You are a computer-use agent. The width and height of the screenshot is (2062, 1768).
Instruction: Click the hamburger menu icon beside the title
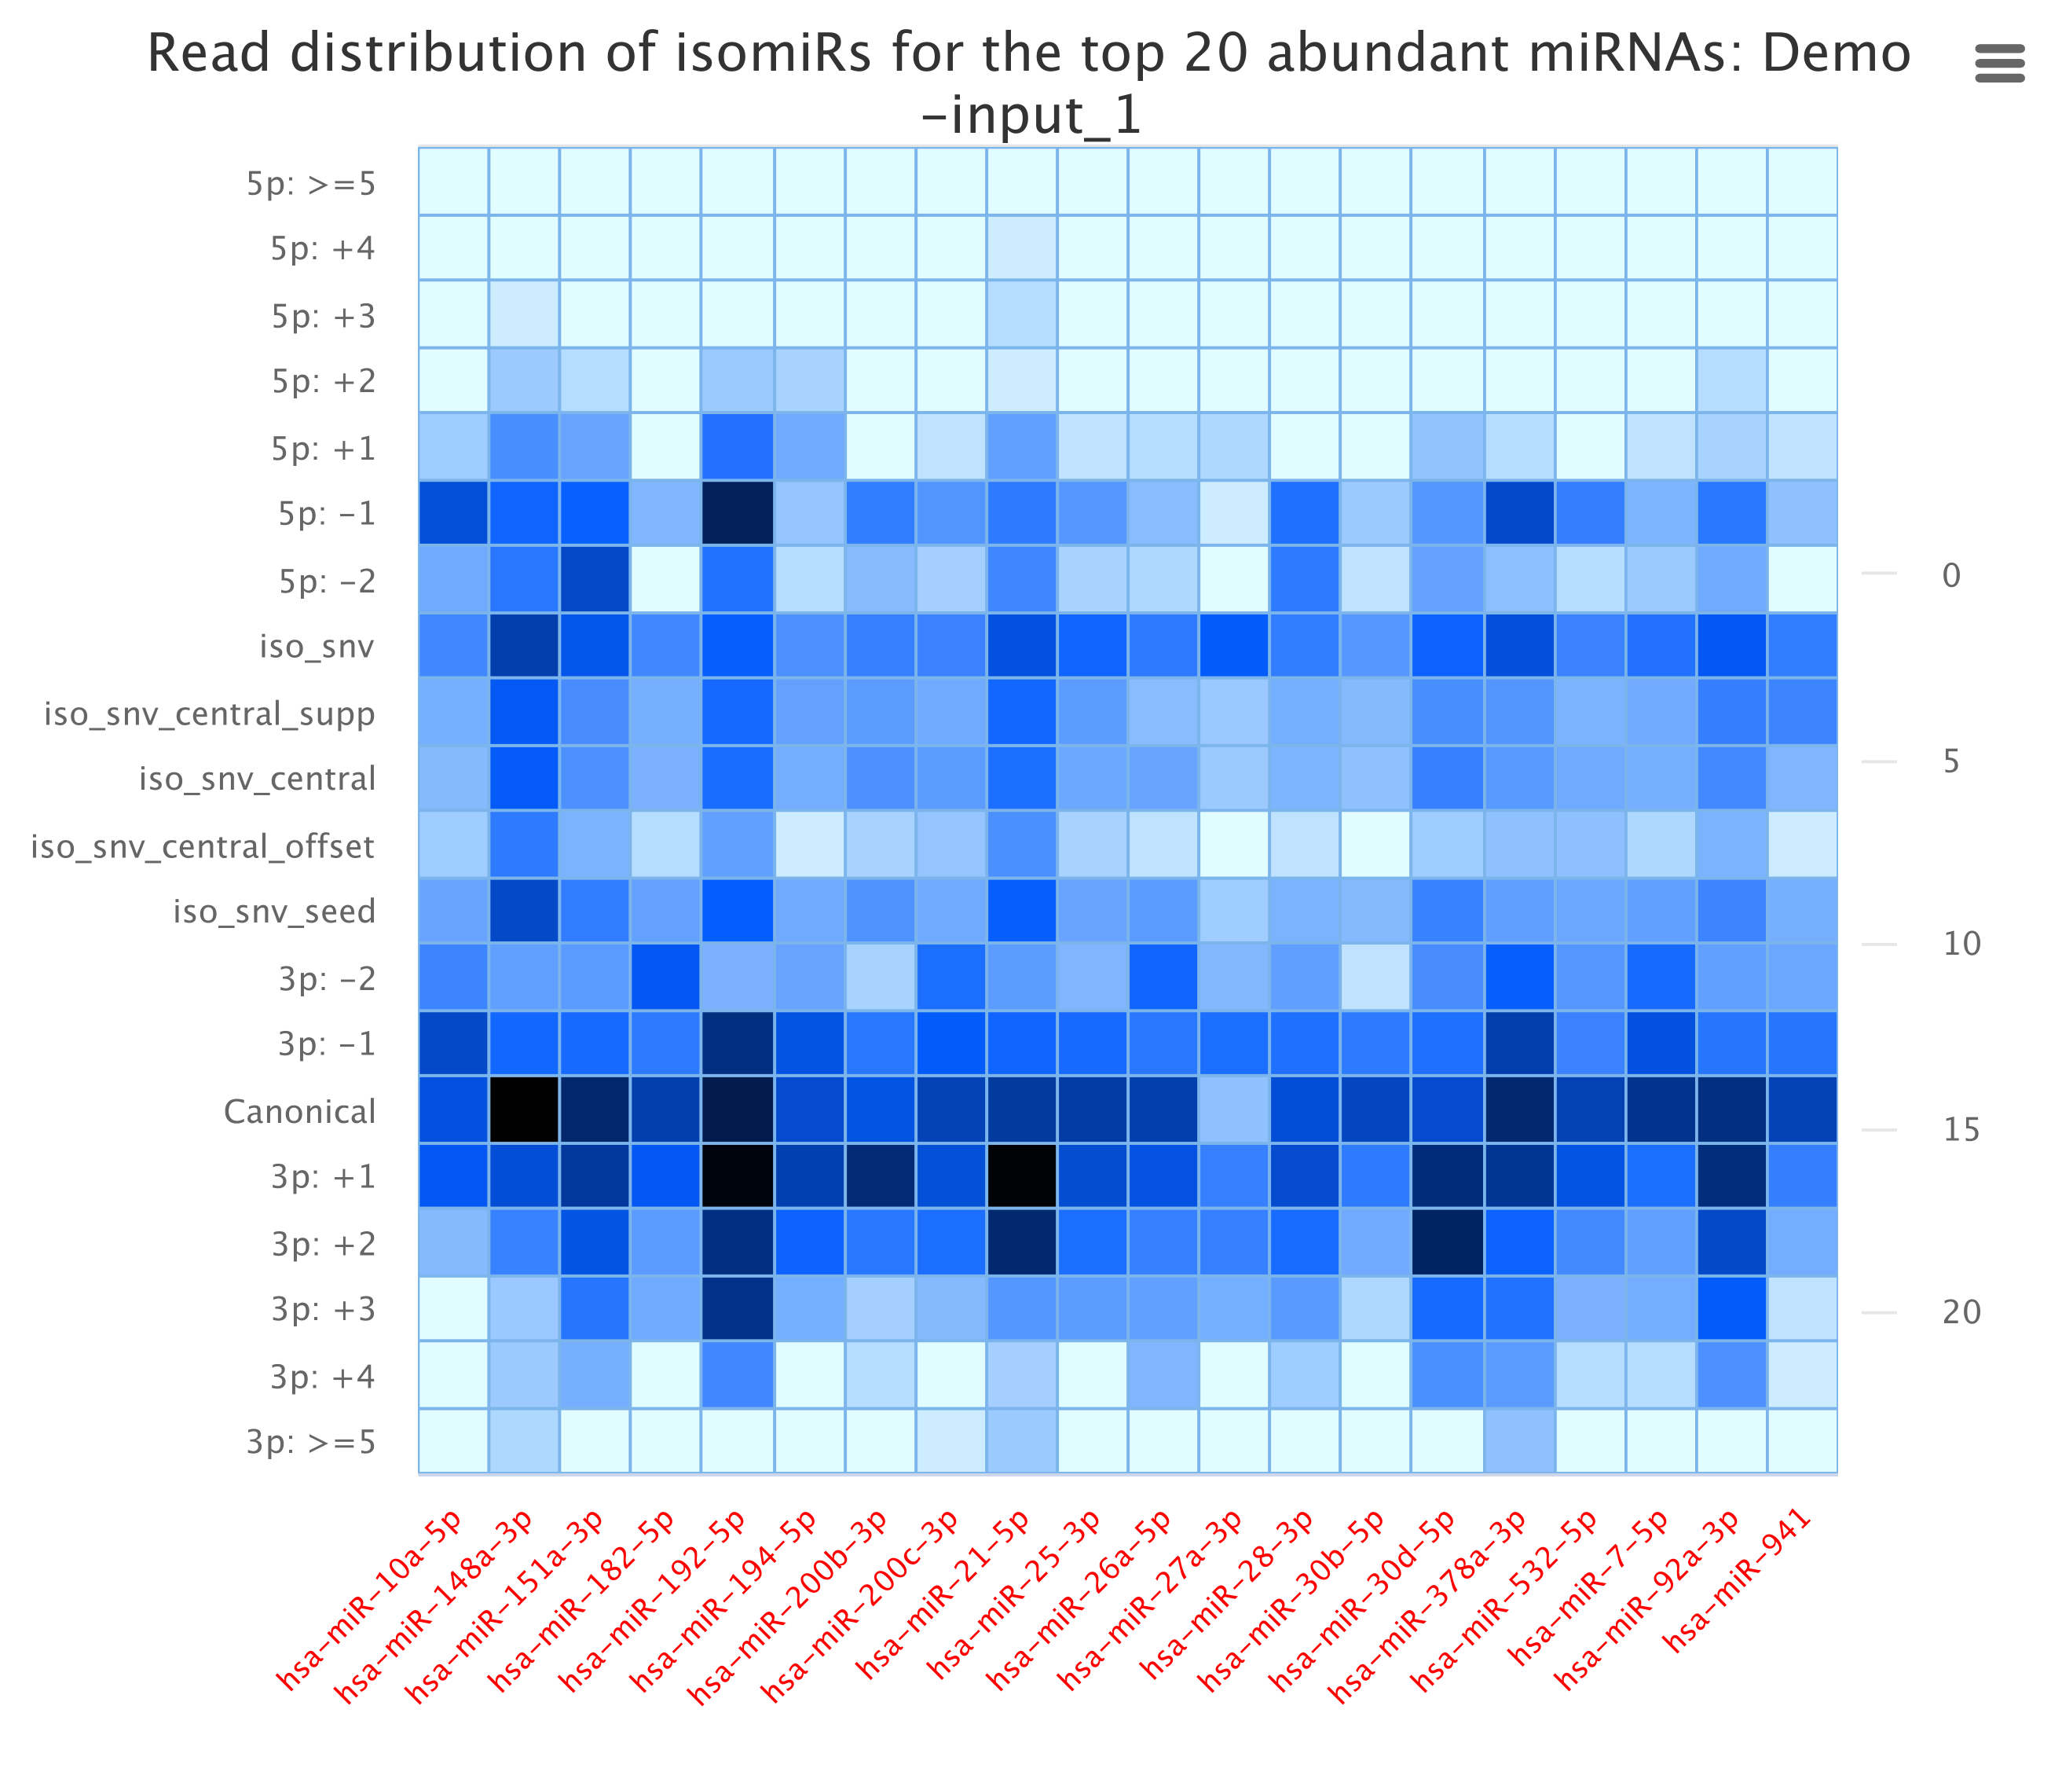(x=1999, y=63)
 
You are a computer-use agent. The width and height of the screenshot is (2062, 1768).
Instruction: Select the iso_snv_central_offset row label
(x=203, y=846)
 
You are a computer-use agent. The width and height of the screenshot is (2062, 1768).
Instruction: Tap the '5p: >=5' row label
(x=312, y=184)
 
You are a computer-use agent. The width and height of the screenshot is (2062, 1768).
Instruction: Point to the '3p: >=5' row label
(x=312, y=1441)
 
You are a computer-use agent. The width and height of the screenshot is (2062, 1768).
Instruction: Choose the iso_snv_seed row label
(x=275, y=911)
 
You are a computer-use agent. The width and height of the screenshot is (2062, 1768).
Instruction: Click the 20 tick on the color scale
(x=1961, y=1312)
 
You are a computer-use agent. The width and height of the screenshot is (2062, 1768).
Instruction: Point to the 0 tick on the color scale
(x=1951, y=574)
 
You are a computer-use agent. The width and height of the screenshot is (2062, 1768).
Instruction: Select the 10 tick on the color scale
(x=1961, y=943)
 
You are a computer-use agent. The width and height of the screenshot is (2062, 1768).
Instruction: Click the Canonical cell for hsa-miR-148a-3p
(x=525, y=1110)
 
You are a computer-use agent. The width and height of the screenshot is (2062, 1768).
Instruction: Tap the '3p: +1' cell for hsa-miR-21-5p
(x=1021, y=1176)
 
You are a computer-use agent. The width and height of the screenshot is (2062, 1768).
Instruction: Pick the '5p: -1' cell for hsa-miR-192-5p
(x=738, y=512)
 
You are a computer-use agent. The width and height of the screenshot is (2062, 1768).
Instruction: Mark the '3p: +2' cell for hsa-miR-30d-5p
(x=1447, y=1242)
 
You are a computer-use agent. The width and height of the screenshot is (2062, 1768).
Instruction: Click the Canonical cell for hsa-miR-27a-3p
(x=1234, y=1110)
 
